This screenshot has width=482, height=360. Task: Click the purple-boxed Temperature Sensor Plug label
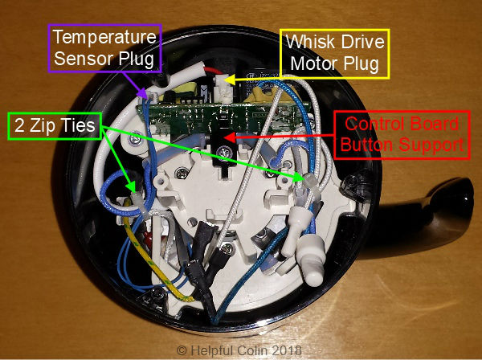(105, 49)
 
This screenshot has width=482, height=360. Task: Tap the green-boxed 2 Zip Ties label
(54, 125)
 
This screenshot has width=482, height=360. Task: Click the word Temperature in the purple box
(105, 37)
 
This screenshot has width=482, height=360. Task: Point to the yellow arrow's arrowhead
(227, 80)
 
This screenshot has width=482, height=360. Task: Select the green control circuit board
(217, 117)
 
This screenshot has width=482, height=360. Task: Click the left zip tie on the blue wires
(132, 196)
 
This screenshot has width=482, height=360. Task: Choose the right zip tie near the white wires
(308, 179)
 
